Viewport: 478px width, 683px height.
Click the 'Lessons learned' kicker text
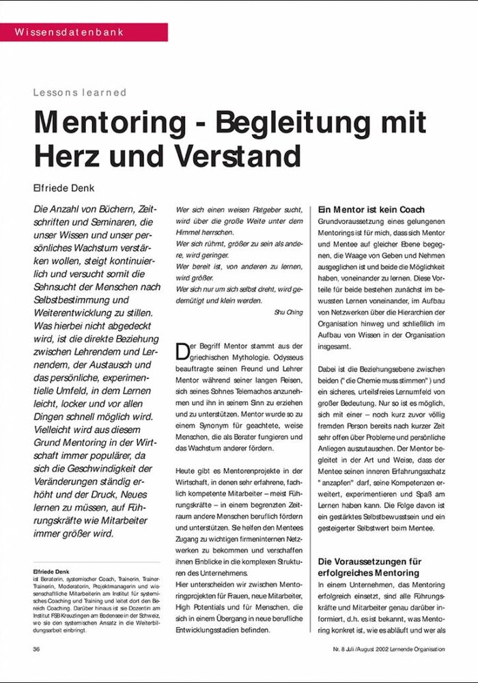(80, 93)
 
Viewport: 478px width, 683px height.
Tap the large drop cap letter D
(182, 351)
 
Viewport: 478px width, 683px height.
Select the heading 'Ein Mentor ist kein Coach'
(371, 210)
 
